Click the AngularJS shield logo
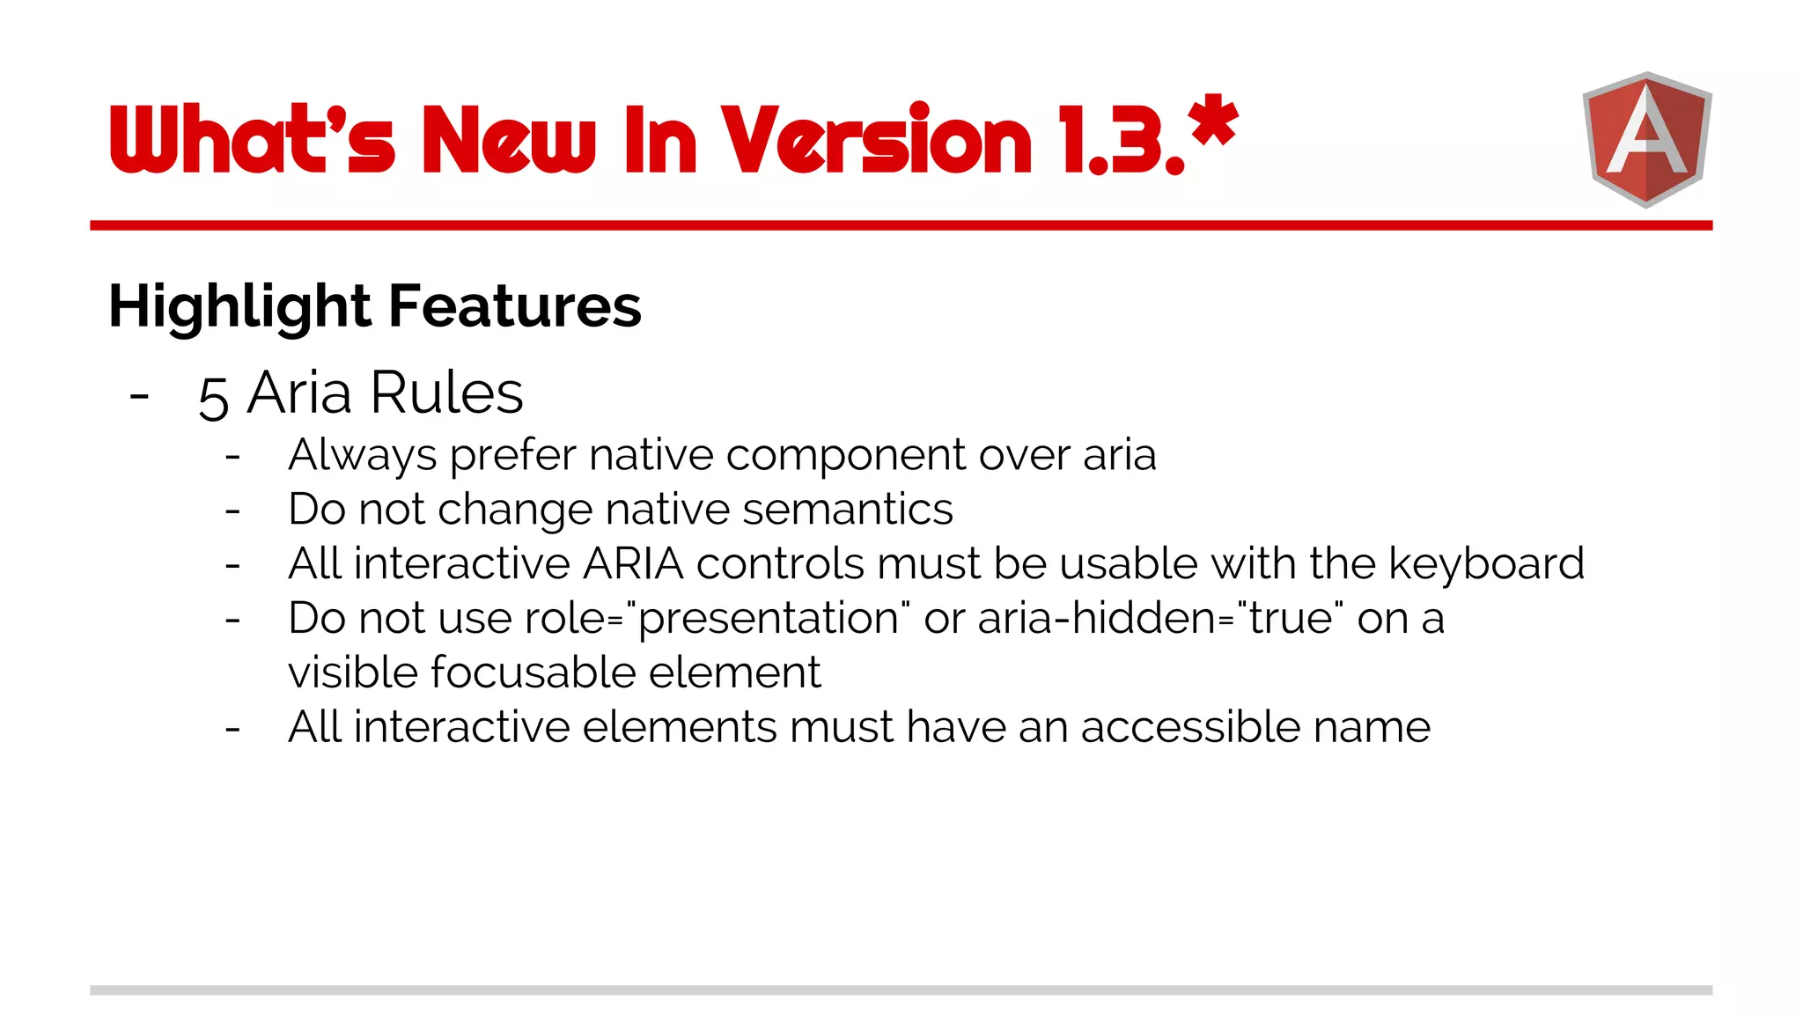point(1646,139)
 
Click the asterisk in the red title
point(1213,121)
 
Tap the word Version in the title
point(877,139)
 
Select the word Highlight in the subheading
point(239,306)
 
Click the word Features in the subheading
point(515,306)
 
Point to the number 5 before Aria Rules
point(214,397)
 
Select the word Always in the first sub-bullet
point(362,456)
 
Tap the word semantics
point(848,510)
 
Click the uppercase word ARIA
point(633,563)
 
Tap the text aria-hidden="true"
point(1160,618)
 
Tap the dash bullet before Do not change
point(232,511)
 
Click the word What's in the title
point(252,139)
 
